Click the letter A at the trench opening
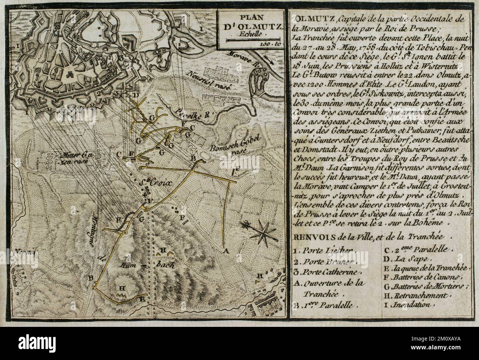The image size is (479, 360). coord(226,251)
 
